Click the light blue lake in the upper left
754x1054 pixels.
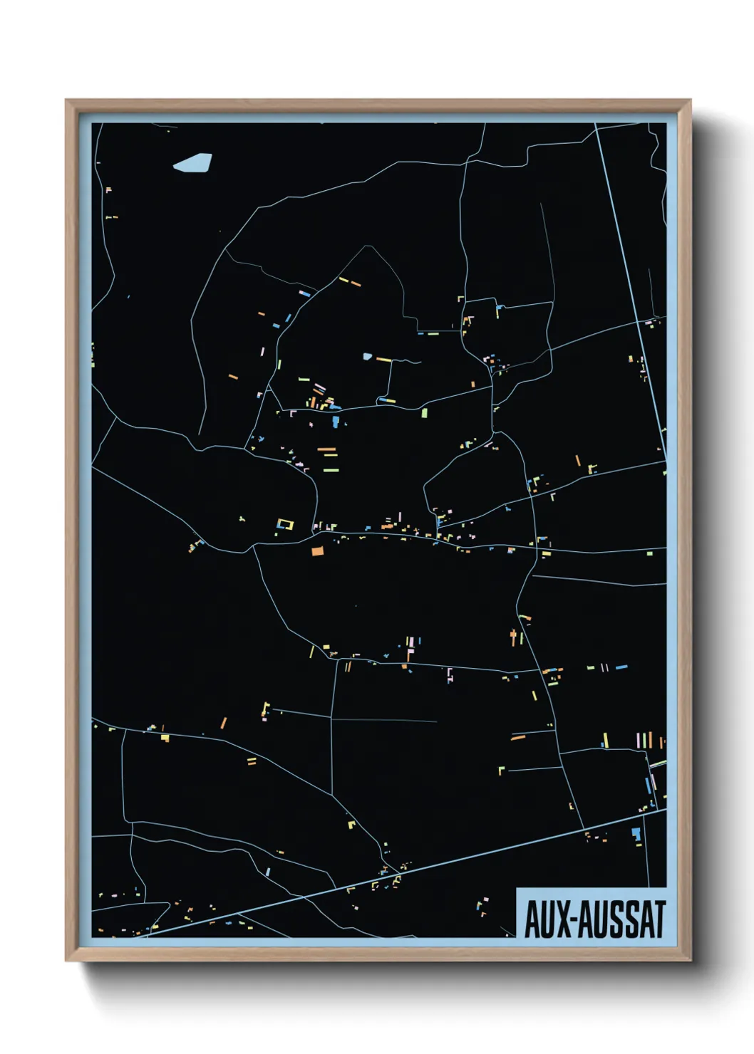[x=192, y=163]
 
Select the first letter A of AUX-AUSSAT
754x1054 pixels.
[x=532, y=919]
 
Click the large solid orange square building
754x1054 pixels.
[x=317, y=550]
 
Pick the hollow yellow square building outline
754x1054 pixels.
[x=285, y=524]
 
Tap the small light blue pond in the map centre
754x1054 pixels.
[x=368, y=356]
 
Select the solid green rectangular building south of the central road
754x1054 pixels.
[x=425, y=412]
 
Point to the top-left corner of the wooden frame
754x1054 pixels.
[x=66, y=100]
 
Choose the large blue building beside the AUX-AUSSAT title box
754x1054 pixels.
[x=636, y=833]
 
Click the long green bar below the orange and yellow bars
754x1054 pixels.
[x=329, y=470]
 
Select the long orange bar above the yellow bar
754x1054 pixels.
[x=326, y=449]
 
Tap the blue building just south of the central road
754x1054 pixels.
[x=335, y=422]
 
